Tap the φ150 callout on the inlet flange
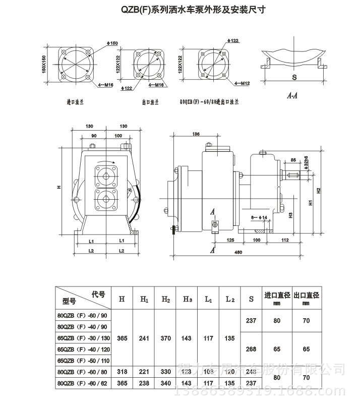tap(113, 44)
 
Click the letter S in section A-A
tap(293, 78)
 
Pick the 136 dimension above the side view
tap(196, 134)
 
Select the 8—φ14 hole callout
tap(260, 217)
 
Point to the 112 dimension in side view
tap(285, 240)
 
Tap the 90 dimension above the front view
tap(94, 136)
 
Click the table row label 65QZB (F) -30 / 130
tap(82, 338)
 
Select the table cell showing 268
tap(251, 349)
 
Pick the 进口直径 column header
tap(277, 295)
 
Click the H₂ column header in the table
tap(166, 299)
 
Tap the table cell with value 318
tap(122, 372)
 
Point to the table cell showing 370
tap(166, 338)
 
